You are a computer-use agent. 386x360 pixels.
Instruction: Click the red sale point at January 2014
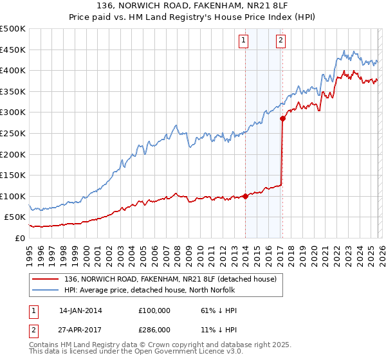click(245, 196)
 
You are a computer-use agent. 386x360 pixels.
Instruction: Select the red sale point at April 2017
click(282, 118)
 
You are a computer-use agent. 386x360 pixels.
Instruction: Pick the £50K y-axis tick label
click(15, 217)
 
